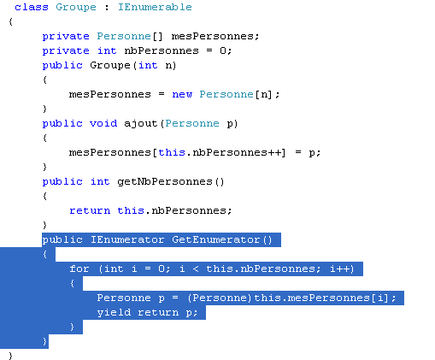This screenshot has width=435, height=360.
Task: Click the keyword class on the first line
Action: pos(32,7)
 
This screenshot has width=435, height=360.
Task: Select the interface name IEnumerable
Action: pos(155,7)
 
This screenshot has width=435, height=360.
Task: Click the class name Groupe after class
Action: pos(76,8)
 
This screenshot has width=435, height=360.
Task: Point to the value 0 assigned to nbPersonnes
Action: pos(223,50)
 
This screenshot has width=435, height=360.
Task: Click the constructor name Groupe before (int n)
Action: pos(110,66)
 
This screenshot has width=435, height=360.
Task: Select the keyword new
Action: pos(182,94)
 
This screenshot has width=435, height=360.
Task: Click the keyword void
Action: pos(103,123)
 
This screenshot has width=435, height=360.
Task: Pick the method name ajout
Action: pos(141,124)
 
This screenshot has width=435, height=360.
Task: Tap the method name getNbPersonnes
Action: pos(165,182)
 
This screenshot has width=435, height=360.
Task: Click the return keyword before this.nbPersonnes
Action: pos(90,210)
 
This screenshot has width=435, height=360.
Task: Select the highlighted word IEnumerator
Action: pos(127,239)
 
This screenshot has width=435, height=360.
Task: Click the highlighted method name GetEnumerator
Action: pos(216,239)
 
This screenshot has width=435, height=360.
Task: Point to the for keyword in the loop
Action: pos(79,269)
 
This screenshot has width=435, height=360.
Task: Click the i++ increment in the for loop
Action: pos(341,269)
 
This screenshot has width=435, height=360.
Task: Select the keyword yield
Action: pos(114,313)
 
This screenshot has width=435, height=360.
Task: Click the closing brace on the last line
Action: pos(10,356)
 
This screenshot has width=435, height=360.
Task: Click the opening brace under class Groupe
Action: pos(10,21)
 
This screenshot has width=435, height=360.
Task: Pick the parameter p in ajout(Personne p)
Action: pos(230,124)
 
